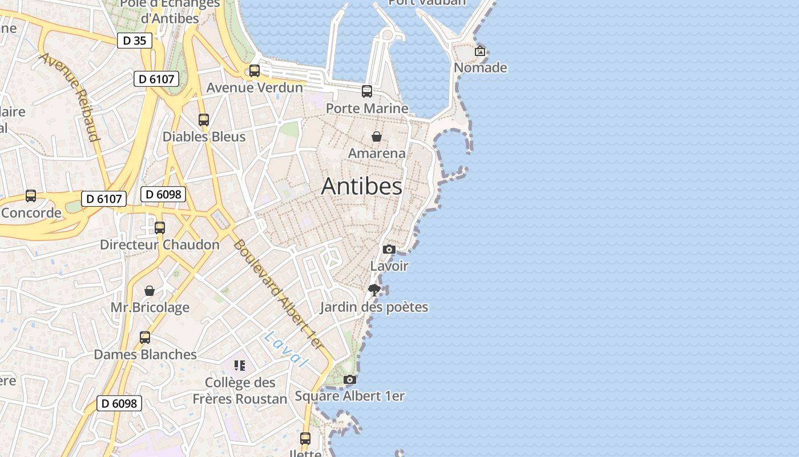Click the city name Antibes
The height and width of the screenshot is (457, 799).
pyautogui.click(x=362, y=186)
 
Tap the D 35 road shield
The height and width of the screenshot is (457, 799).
pyautogui.click(x=135, y=41)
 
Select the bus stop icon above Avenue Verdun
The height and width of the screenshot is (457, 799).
pyautogui.click(x=255, y=71)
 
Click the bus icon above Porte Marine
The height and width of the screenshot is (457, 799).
pyautogui.click(x=367, y=91)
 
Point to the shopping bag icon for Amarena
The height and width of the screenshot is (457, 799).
pyautogui.click(x=377, y=137)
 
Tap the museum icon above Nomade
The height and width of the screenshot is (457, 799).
pyautogui.click(x=480, y=51)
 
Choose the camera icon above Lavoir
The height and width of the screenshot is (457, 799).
pyautogui.click(x=389, y=249)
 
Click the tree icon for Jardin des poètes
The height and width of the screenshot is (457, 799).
pyautogui.click(x=374, y=290)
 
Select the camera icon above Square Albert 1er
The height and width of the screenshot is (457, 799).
pyautogui.click(x=350, y=379)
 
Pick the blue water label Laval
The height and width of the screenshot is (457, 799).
pyautogui.click(x=286, y=348)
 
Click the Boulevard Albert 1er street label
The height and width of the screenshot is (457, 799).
pyautogui.click(x=279, y=295)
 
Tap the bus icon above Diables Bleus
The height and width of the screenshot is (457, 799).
pyautogui.click(x=204, y=120)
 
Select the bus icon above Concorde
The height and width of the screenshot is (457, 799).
pyautogui.click(x=31, y=196)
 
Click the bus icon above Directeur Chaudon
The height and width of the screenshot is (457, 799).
pyautogui.click(x=160, y=228)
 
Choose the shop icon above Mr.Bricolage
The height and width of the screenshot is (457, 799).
pyautogui.click(x=150, y=291)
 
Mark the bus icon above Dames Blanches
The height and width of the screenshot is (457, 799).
pyautogui.click(x=145, y=338)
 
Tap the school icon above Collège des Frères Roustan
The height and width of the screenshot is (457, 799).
pyautogui.click(x=240, y=366)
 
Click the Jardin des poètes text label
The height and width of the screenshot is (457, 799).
pyautogui.click(x=374, y=307)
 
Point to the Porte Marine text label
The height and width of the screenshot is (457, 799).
pyautogui.click(x=367, y=109)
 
